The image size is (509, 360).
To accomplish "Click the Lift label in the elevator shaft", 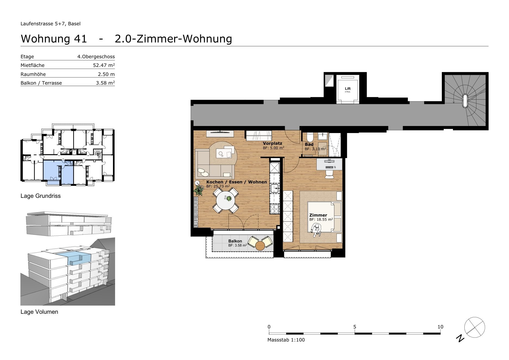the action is point(348,88).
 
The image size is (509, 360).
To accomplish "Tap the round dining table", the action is point(226,201).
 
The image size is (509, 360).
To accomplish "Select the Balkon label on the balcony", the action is point(235,241).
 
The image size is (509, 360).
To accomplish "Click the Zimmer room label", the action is point(318,215).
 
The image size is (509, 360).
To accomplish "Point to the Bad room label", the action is point(309,144).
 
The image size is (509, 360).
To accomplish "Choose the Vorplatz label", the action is point(272,143).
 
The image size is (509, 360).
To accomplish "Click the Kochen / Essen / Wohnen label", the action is point(236,182).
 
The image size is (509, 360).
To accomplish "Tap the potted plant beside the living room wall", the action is point(199,189).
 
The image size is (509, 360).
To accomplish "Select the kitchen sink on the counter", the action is point(274,188).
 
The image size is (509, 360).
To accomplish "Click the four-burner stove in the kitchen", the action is point(274,209).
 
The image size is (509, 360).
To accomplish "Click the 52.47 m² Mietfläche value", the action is point(104,65).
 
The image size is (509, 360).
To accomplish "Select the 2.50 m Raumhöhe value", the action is point(106,74).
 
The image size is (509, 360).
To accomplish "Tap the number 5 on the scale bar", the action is point(355,327).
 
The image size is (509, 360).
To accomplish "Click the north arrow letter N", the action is point(460,338).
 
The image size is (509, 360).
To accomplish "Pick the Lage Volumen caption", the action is point(39,312).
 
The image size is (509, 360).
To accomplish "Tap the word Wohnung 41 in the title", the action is point(54,39).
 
